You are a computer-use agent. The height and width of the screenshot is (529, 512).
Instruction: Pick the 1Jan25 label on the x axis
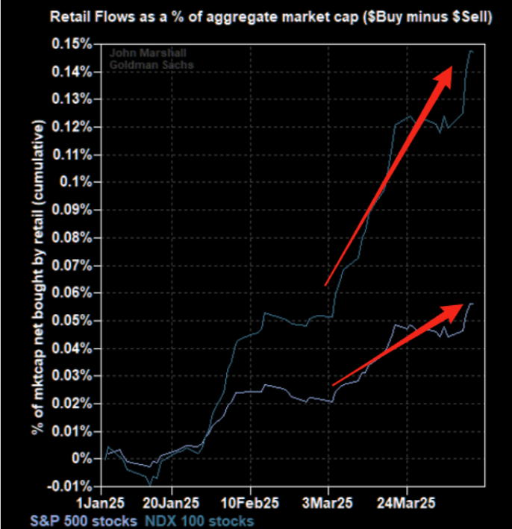pyautogui.click(x=106, y=501)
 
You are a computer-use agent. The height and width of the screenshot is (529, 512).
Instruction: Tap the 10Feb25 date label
pyautogui.click(x=250, y=501)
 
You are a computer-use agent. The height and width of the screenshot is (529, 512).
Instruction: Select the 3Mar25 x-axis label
pyautogui.click(x=328, y=501)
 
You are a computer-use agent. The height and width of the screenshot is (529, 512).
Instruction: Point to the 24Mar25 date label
pyautogui.click(x=406, y=501)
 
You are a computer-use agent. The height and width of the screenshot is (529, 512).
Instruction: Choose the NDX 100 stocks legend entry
pyautogui.click(x=197, y=520)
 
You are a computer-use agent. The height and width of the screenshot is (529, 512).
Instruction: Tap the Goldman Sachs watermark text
pyautogui.click(x=148, y=65)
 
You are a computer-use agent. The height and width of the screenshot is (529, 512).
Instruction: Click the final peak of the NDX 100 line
pyautogui.click(x=471, y=51)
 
